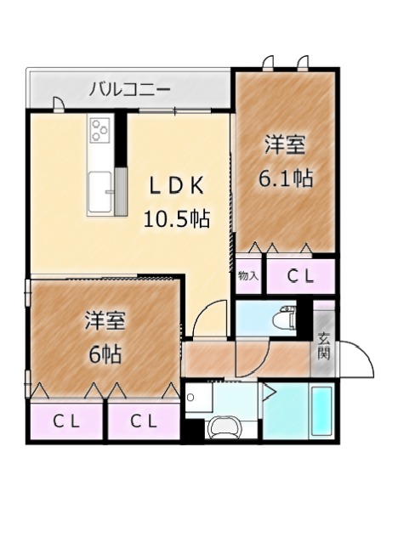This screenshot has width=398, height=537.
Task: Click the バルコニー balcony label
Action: tap(129, 90)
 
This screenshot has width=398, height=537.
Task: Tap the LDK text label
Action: tap(177, 186)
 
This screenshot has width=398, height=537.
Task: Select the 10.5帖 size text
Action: tap(177, 219)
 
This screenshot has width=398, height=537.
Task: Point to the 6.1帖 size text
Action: tap(286, 178)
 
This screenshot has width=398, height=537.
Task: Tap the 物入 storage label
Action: tap(247, 276)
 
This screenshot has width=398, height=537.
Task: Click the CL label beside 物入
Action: tap(300, 277)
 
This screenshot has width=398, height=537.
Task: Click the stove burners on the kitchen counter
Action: tap(100, 130)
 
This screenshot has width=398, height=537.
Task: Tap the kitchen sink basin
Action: tap(100, 193)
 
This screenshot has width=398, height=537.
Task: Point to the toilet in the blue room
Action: tap(284, 319)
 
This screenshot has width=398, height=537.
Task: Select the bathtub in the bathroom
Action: tap(321, 411)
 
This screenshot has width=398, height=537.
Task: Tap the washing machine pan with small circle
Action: tap(198, 398)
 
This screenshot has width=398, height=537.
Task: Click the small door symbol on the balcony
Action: tap(59, 105)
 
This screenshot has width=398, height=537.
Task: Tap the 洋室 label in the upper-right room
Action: tap(285, 145)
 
